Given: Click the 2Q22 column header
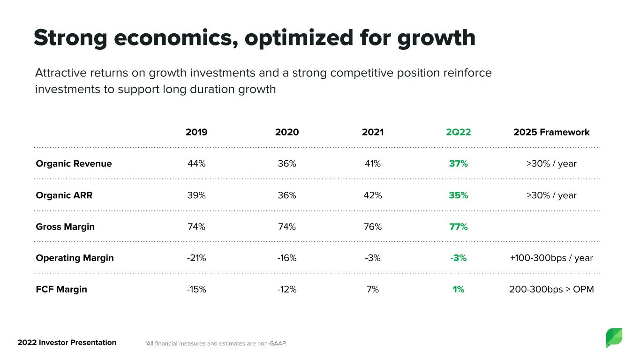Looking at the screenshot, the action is tap(458, 132).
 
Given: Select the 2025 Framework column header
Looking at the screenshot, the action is tap(551, 132).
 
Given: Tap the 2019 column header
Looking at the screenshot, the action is tap(196, 132).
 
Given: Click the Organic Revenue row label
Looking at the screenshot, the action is tap(74, 164).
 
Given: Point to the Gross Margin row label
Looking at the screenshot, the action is tap(65, 226).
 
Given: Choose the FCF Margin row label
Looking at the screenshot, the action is tap(61, 289).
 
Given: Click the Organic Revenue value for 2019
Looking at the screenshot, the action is tap(196, 164).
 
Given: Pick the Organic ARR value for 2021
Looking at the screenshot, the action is tap(373, 195).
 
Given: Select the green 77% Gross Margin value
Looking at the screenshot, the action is tap(458, 226).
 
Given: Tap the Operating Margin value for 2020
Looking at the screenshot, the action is tap(287, 258).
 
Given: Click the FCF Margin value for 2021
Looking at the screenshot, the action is tap(373, 289).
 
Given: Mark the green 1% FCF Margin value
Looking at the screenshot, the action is tap(458, 289).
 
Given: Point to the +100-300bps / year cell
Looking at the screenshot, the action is tap(551, 258).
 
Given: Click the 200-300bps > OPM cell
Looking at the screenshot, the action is tap(551, 289).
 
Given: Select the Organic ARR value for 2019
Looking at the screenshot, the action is tap(196, 195).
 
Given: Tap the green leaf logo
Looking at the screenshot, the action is tap(614, 337).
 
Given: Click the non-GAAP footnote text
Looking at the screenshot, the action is tap(216, 344).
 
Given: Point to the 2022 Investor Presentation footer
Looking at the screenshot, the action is tap(67, 342).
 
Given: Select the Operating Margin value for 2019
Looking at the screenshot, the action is tap(196, 258).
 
